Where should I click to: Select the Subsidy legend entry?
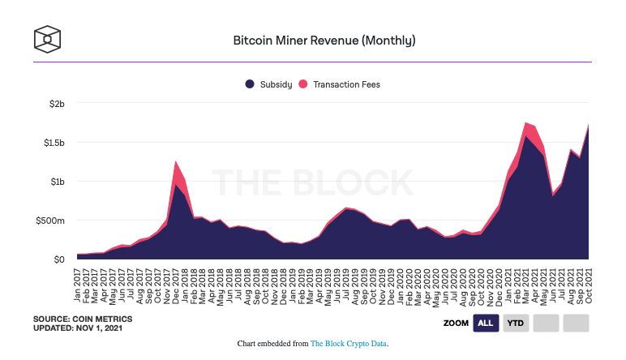click(272, 84)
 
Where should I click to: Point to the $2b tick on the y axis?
click(54, 104)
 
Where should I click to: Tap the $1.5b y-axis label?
click(51, 143)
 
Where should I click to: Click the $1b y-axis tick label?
click(54, 182)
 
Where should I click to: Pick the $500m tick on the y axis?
click(50, 221)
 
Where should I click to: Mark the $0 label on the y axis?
click(58, 259)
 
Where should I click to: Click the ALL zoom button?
click(486, 324)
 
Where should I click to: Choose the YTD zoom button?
click(515, 324)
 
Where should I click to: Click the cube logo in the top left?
click(48, 38)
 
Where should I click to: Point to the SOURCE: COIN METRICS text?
click(80, 319)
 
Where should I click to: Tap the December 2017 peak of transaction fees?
click(176, 172)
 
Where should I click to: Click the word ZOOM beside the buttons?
click(455, 324)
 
